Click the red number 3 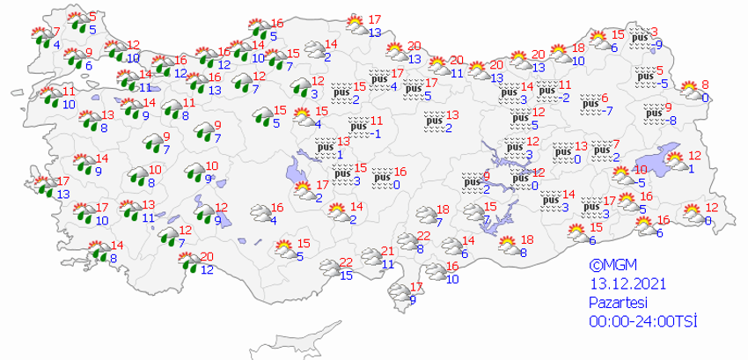[653, 32]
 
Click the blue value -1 [375, 134]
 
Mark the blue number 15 [347, 276]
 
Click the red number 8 [705, 84]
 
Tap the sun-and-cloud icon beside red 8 [686, 90]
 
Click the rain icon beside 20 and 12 [187, 261]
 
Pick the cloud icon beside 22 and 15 [329, 268]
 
